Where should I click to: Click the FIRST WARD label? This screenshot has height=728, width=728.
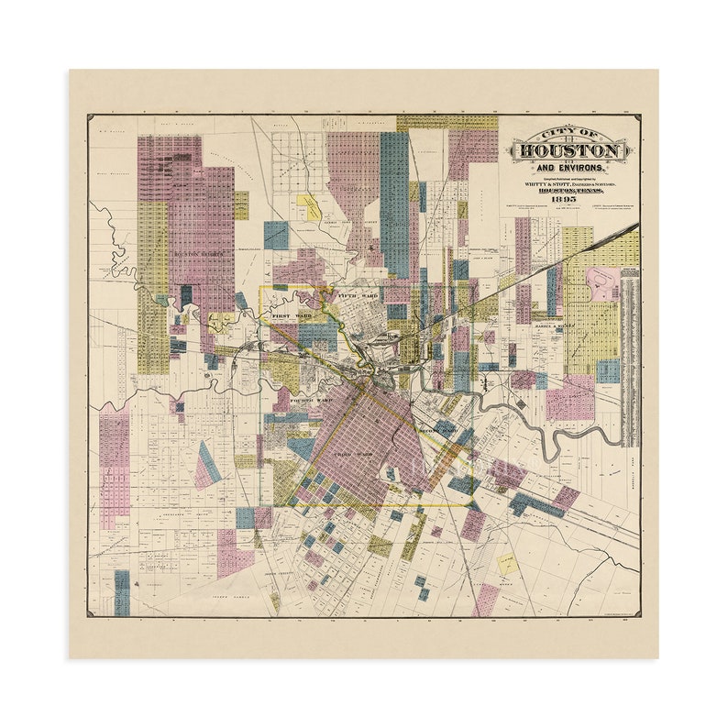291,314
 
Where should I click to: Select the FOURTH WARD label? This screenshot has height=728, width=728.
308,401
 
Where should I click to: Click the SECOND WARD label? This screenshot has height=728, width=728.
436,429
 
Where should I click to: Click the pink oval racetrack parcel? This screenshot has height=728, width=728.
603,283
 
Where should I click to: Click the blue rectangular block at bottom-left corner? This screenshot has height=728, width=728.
122,592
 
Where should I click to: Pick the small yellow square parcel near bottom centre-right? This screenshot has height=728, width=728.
507,564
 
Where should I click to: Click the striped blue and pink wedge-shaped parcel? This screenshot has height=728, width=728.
208,469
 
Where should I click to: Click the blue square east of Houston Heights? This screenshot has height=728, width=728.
276,236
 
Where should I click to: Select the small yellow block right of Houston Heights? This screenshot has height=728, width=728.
241,204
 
